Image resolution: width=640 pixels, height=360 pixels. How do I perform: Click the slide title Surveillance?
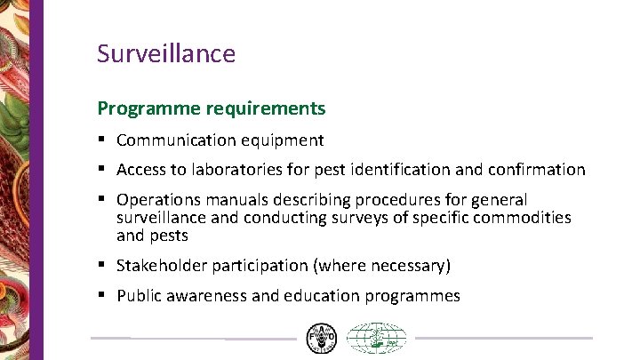[166, 53]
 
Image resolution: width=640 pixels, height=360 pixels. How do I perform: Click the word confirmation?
[535, 169]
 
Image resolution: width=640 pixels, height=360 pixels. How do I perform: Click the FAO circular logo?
[322, 339]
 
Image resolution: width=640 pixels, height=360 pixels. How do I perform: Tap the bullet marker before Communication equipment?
[103, 140]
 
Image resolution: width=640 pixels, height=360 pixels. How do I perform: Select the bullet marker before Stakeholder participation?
[103, 266]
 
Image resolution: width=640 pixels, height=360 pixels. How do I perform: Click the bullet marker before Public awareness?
[103, 296]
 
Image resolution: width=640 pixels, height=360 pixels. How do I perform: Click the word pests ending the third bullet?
[169, 236]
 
